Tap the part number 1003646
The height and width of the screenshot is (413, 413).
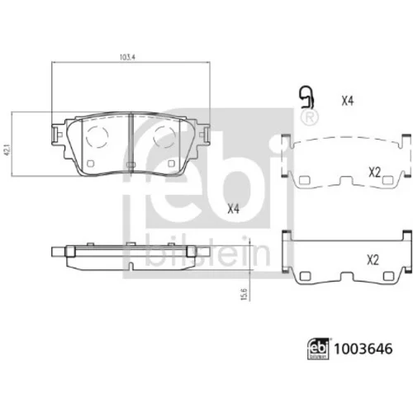coord(363,349)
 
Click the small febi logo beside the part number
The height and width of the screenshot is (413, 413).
coord(318,349)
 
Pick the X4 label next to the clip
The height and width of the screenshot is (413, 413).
coord(347,101)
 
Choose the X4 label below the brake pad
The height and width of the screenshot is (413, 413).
coord(234,209)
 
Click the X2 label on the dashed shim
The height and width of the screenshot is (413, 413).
coord(374,173)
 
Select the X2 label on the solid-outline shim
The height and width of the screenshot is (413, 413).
coord(373,260)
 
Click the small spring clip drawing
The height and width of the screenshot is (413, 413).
coord(306,97)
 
